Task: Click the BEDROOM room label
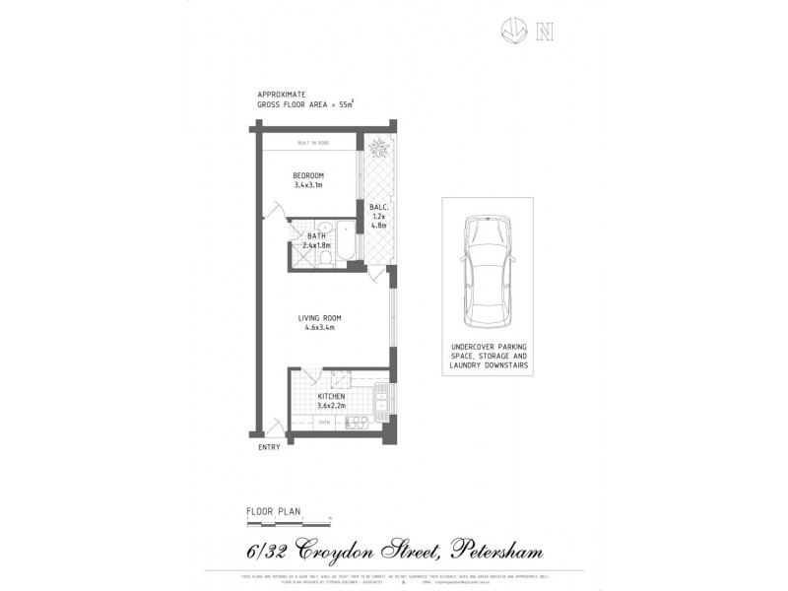308,175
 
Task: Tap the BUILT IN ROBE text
312,144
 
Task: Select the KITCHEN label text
331,396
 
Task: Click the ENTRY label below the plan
270,447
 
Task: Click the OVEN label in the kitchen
323,423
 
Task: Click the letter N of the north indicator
543,33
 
